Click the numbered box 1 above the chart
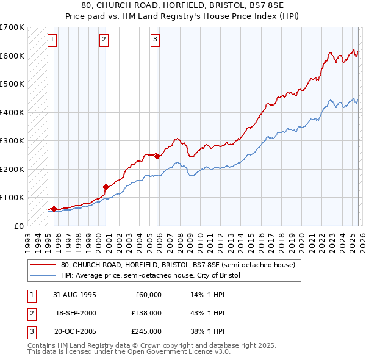[x=52, y=40]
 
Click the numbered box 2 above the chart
[x=104, y=40]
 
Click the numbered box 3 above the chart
[x=156, y=40]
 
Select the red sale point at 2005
[x=157, y=156]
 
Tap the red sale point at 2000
[x=106, y=187]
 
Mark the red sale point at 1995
[x=54, y=209]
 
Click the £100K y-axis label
[x=12, y=197]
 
